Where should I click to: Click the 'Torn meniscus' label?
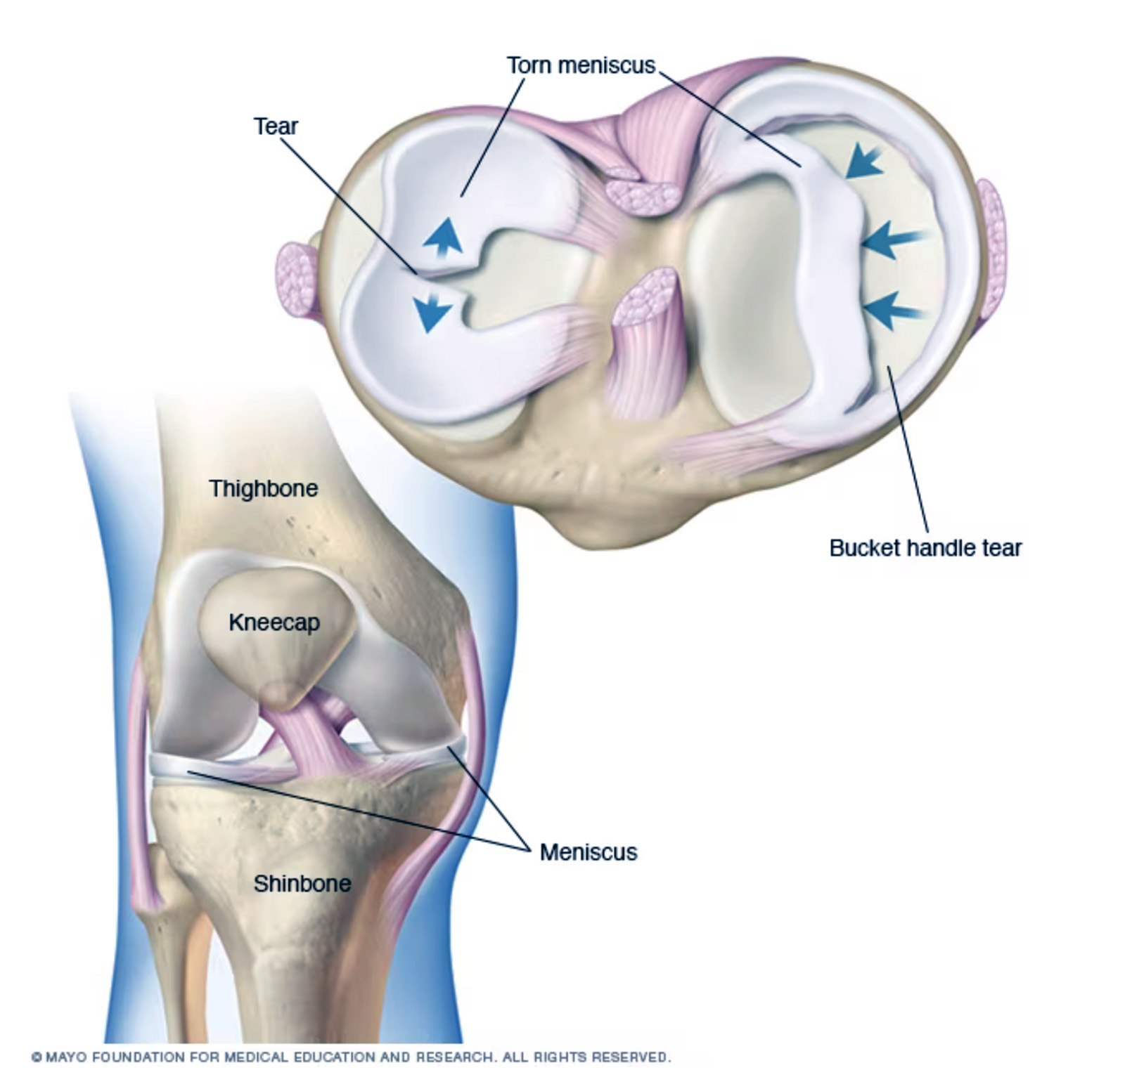click(x=581, y=65)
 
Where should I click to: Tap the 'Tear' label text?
click(x=276, y=126)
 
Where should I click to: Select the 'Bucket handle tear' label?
click(x=925, y=548)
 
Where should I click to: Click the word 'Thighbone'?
click(x=264, y=488)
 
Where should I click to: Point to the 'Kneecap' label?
click(x=274, y=622)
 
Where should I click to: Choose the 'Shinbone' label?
click(x=302, y=883)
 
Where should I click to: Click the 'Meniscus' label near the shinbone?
click(x=589, y=852)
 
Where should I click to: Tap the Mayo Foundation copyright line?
click(x=352, y=1057)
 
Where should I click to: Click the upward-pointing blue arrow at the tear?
click(x=442, y=235)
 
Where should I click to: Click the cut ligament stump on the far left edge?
click(x=297, y=280)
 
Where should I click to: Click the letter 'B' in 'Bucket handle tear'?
click(x=837, y=548)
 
